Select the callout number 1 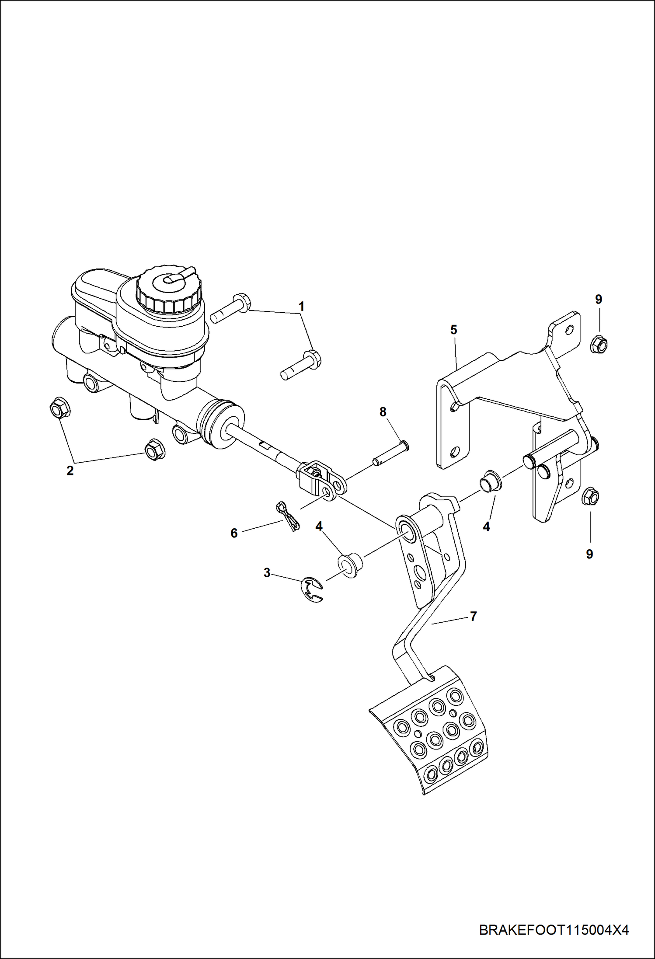click(x=301, y=307)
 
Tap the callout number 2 click(x=70, y=471)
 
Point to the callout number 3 click(x=267, y=573)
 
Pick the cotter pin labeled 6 click(x=288, y=516)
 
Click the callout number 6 click(x=234, y=533)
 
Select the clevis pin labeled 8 click(x=390, y=453)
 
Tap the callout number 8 click(x=383, y=412)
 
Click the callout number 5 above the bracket click(x=453, y=330)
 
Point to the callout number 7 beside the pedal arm click(x=473, y=617)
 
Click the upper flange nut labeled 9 click(x=599, y=344)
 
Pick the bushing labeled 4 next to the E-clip click(x=351, y=564)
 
